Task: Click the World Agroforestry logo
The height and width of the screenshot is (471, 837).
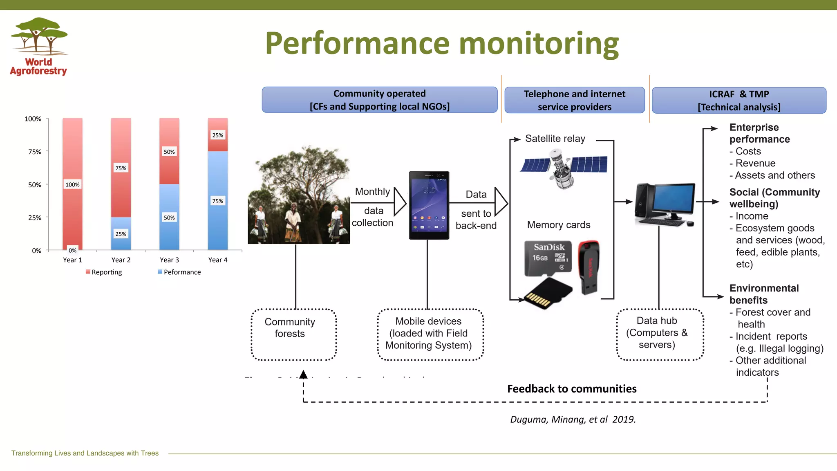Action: tap(39, 46)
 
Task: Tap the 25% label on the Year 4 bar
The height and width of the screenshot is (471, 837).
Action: tap(217, 135)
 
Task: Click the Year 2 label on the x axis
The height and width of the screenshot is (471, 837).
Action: tap(121, 260)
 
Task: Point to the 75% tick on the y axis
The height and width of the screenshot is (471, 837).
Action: tap(35, 152)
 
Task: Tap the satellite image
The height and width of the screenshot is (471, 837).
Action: tap(563, 168)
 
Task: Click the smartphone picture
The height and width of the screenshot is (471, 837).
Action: tap(429, 205)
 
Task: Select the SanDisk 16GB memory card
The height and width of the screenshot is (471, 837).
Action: tap(548, 258)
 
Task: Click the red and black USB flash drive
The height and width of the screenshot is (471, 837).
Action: tap(589, 267)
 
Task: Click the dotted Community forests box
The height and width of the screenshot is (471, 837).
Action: tap(293, 334)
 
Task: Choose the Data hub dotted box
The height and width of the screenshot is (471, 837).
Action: tap(660, 334)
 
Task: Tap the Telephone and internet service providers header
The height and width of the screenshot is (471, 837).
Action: tap(574, 100)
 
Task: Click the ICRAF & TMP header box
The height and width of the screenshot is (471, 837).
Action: tap(739, 100)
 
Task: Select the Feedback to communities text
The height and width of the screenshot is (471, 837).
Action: tap(571, 389)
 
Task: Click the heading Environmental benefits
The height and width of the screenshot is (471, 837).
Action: tap(763, 294)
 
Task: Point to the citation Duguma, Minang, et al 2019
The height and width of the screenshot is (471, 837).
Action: tap(573, 419)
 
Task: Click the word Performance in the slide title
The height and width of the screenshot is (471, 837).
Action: tap(357, 44)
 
